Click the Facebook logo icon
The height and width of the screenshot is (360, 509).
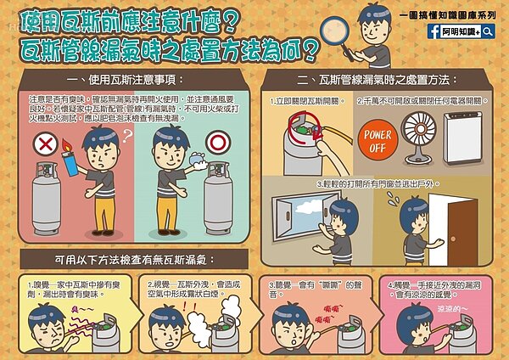click(x=433, y=30)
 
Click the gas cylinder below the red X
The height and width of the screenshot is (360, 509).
click(x=40, y=194)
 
